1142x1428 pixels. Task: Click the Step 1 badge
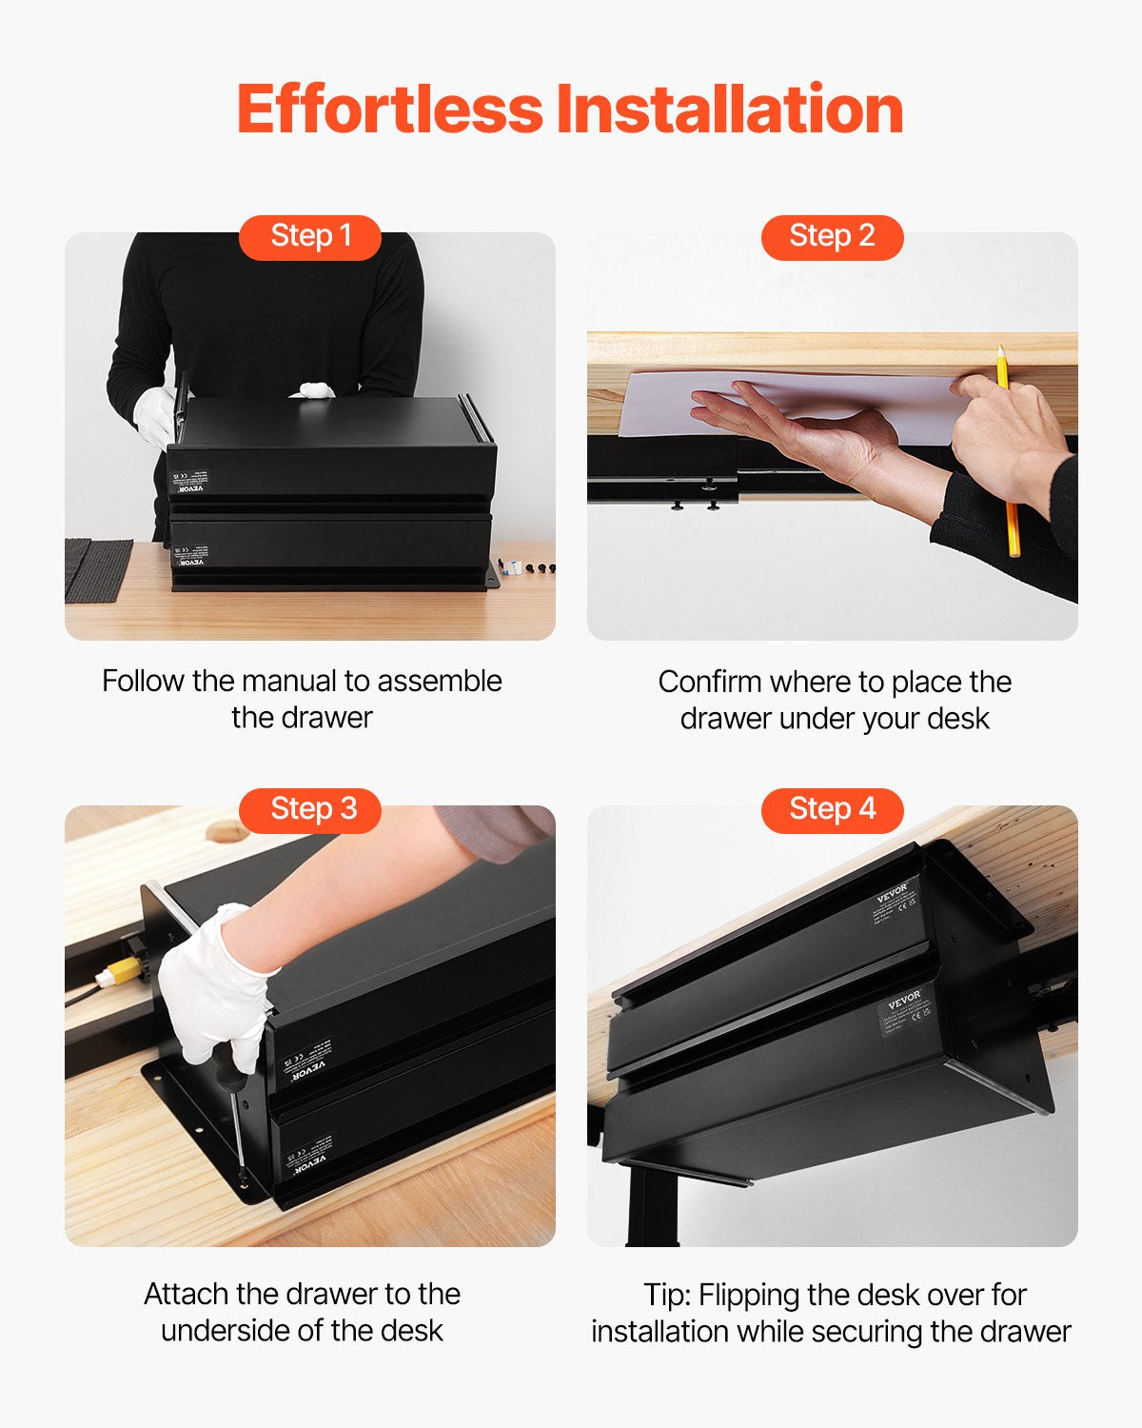[310, 236]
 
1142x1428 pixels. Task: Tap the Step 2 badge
[832, 236]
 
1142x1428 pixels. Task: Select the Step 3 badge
[310, 809]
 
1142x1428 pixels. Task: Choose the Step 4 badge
[832, 809]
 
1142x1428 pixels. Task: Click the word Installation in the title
[730, 109]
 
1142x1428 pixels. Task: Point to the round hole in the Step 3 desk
[226, 832]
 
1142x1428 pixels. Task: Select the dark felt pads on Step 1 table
[98, 568]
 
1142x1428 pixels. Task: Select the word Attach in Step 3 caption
[187, 1294]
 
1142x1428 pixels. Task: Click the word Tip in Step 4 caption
[664, 1295]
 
